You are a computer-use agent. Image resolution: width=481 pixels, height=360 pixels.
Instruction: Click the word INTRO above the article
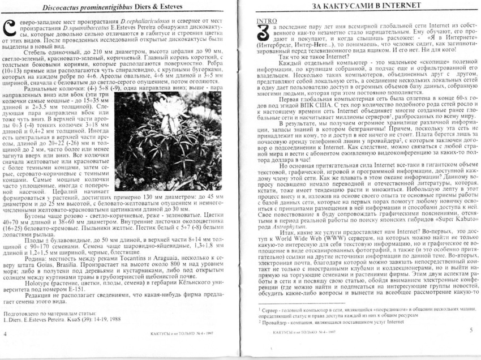267,21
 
